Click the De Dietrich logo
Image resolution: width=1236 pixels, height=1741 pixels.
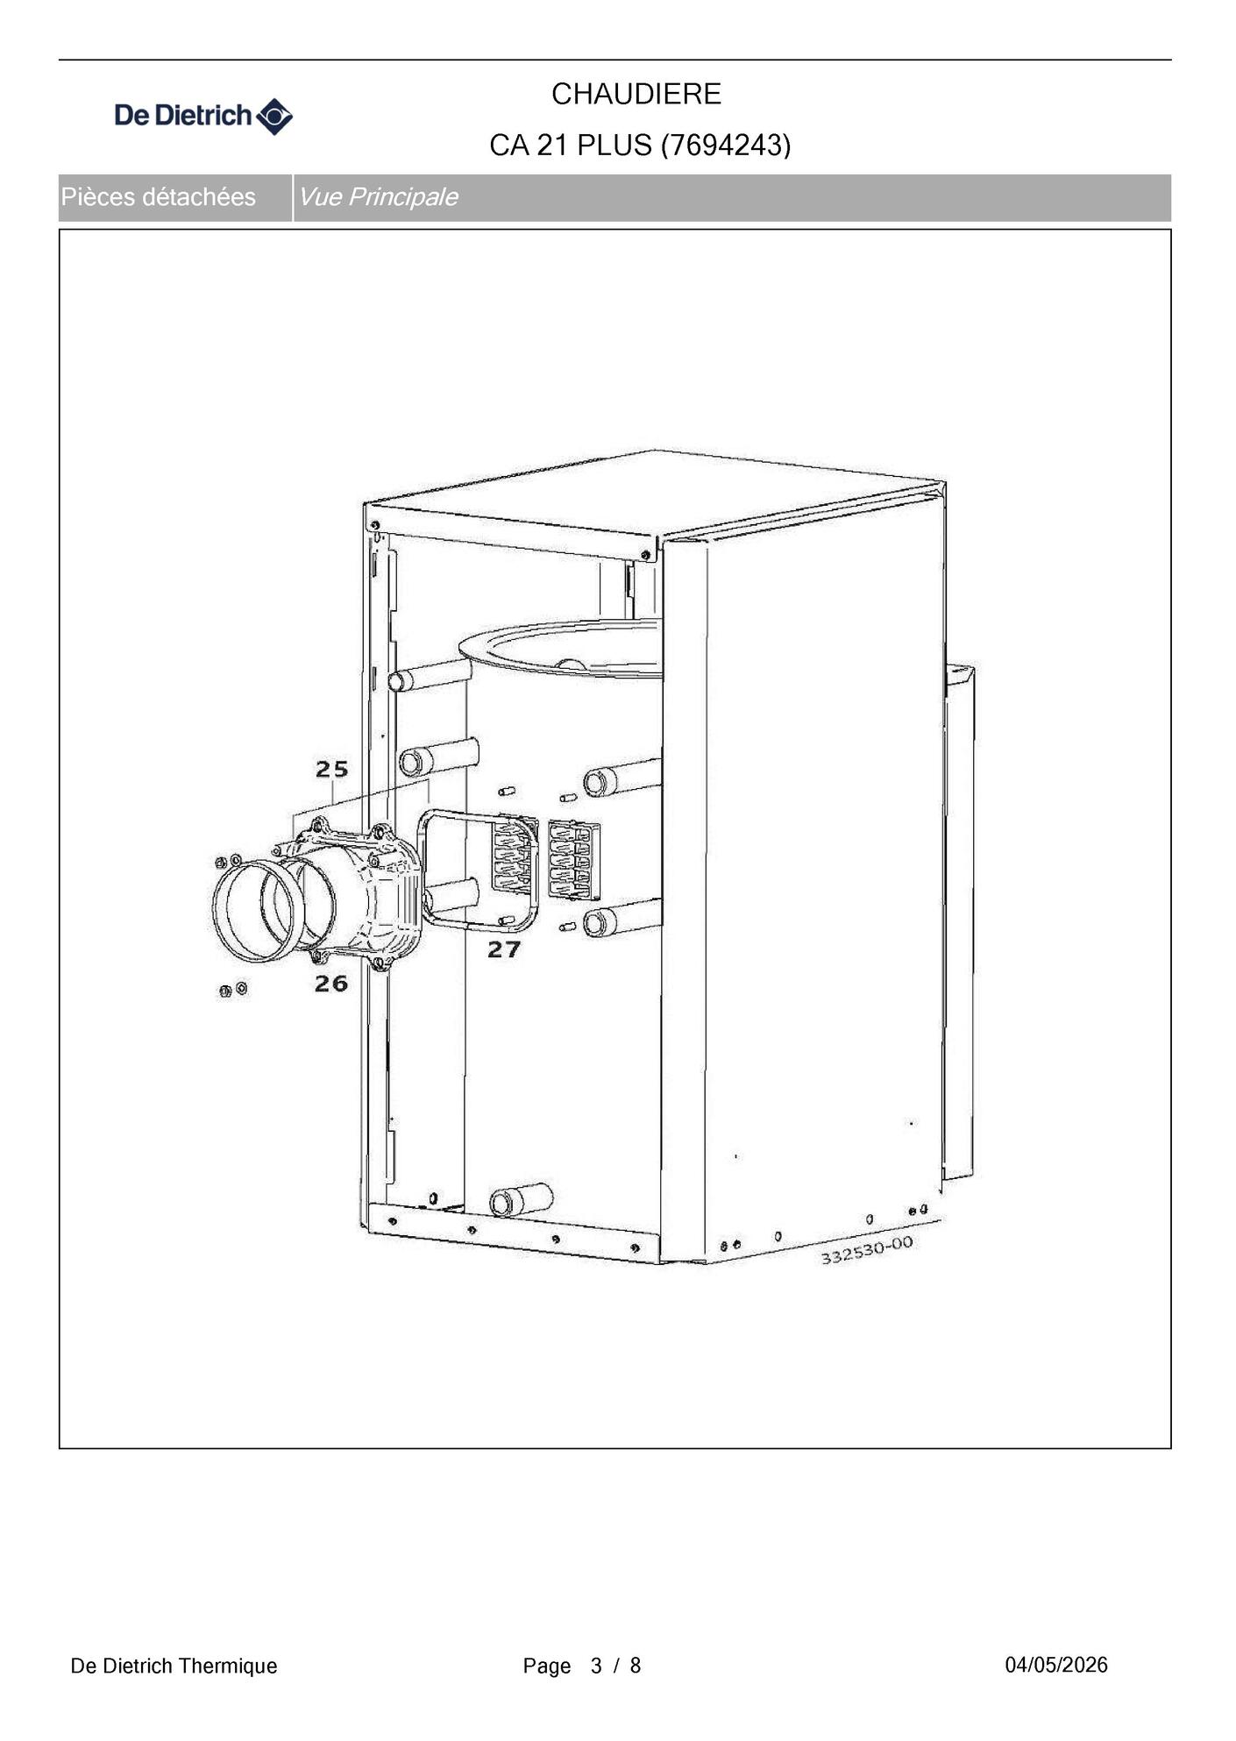tap(203, 116)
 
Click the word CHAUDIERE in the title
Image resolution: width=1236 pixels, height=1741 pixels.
tap(636, 94)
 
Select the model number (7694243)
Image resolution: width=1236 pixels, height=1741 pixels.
tap(726, 145)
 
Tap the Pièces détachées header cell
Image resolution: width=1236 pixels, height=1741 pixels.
tap(158, 197)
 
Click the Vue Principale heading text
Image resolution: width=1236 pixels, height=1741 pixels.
tap(378, 197)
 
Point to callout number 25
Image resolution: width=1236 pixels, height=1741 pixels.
tap(332, 769)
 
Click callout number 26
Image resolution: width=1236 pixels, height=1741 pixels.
tap(331, 984)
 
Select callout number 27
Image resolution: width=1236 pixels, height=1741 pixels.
tap(504, 949)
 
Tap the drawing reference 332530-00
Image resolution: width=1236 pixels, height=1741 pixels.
tap(866, 1250)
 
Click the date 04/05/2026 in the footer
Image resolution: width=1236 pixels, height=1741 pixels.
tap(1056, 1665)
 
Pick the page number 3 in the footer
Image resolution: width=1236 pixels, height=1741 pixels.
tap(596, 1666)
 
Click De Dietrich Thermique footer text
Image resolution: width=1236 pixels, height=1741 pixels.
tap(174, 1666)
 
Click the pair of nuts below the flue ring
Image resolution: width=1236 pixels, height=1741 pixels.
tap(232, 990)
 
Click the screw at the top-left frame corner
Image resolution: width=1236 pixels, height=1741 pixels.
tap(375, 526)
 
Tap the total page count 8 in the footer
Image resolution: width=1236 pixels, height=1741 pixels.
tap(636, 1666)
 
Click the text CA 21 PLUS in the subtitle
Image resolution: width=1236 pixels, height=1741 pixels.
tap(571, 146)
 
